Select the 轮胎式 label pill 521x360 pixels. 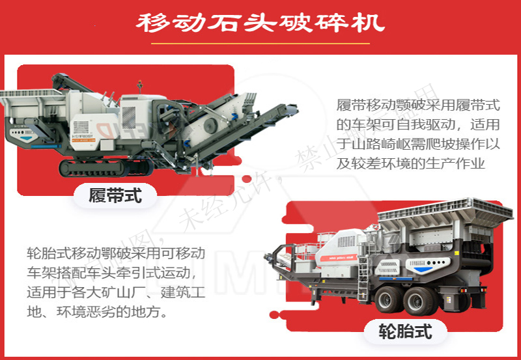406,332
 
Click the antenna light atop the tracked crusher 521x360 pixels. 138,84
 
